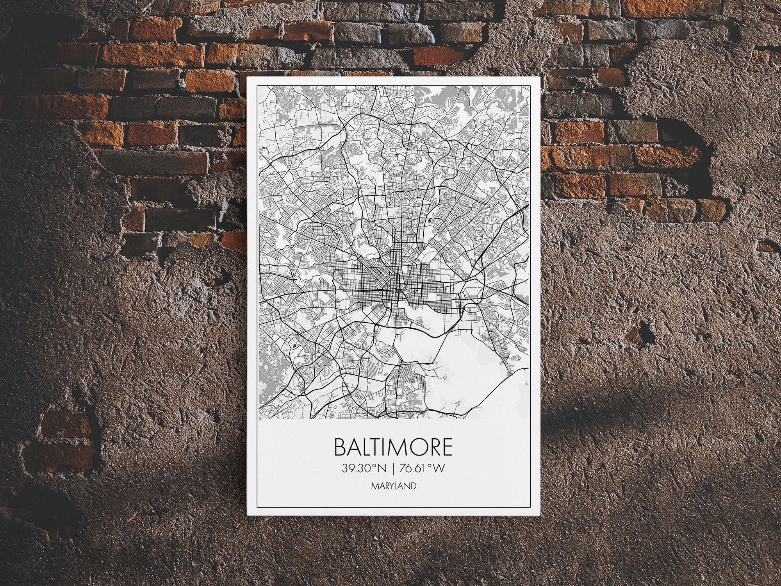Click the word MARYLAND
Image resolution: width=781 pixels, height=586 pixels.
[393, 486]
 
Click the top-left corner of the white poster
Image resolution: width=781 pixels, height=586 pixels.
[247, 77]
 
